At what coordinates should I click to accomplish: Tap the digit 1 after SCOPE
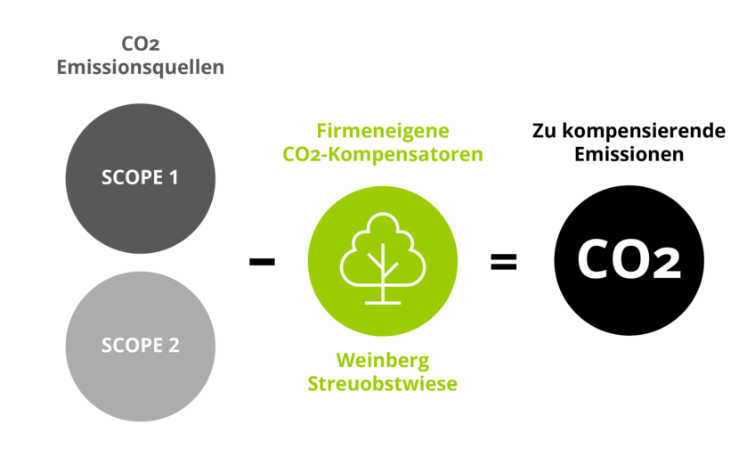(x=173, y=177)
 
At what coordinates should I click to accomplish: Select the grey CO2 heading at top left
(x=140, y=43)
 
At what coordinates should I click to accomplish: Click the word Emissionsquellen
(x=140, y=67)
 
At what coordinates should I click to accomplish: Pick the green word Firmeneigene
(x=382, y=130)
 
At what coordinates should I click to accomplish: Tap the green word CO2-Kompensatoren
(x=382, y=154)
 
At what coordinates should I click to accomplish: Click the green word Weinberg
(x=382, y=360)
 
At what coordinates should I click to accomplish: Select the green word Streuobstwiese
(x=382, y=384)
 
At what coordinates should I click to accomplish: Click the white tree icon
(x=382, y=258)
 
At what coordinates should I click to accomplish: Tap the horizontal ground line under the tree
(x=382, y=302)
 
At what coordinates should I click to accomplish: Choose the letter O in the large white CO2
(x=633, y=259)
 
